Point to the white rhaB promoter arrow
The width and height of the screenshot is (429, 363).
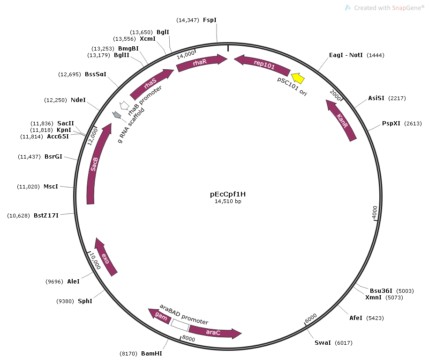pos(124,106)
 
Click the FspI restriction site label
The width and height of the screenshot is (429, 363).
pos(210,20)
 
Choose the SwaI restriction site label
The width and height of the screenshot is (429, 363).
pos(323,343)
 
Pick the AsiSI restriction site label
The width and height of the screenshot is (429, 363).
pos(376,98)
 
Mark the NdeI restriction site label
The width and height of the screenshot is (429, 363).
pos(78,100)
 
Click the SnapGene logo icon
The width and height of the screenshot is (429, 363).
pos(347,8)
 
